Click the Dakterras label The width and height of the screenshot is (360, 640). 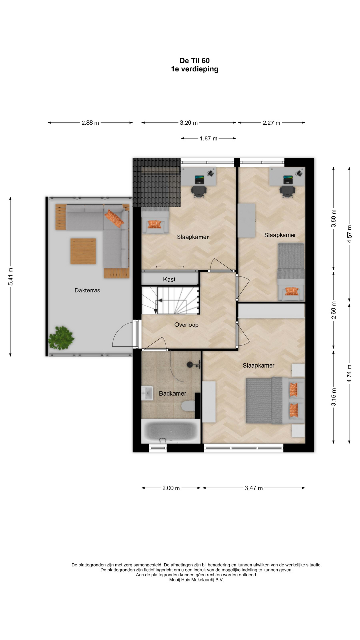[x=87, y=290]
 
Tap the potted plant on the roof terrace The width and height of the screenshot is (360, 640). [x=61, y=338]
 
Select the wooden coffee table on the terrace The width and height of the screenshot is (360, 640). [x=83, y=251]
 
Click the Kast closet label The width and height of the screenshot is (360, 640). [x=169, y=279]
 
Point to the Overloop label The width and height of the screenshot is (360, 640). [x=186, y=325]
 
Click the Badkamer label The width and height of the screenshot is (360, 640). [x=172, y=393]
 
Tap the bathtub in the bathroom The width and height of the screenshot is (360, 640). [x=171, y=431]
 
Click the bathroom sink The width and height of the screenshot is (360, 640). [x=147, y=393]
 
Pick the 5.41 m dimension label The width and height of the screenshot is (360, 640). [x=11, y=277]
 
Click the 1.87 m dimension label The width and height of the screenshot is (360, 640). [x=209, y=138]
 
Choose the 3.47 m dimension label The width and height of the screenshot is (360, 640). [x=254, y=488]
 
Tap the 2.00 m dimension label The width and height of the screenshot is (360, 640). [x=171, y=488]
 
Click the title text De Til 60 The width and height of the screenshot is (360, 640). [x=195, y=61]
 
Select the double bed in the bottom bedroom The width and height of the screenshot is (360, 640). [x=275, y=400]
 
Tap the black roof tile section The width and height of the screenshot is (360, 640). [x=157, y=183]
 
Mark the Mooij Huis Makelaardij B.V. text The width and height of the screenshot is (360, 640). [x=197, y=580]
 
